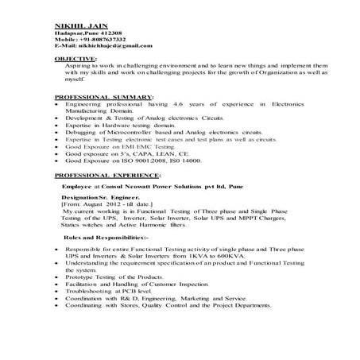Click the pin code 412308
[112, 32]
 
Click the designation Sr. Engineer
[119, 196]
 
